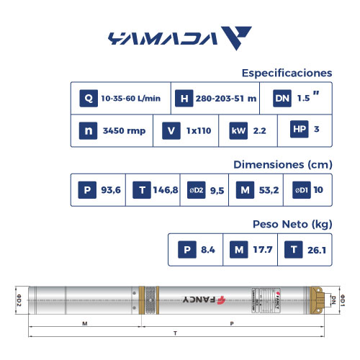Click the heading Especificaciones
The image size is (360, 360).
[287, 73]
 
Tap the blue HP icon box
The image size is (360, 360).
[299, 130]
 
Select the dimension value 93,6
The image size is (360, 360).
[110, 190]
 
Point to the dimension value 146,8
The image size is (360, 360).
[165, 190]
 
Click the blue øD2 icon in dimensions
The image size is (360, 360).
[197, 190]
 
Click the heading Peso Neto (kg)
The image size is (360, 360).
[292, 224]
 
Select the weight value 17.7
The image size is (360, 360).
[263, 250]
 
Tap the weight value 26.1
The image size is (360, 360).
[318, 250]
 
